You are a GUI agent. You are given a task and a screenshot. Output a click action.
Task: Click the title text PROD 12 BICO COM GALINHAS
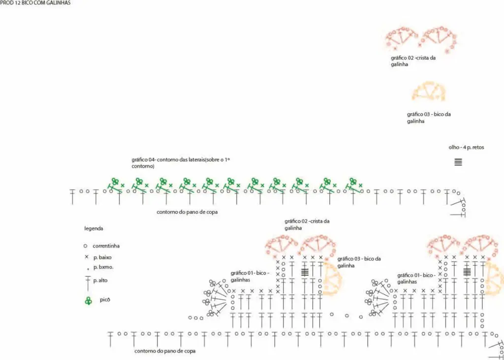pos(35,3)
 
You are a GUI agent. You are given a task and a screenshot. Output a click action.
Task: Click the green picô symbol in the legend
pos(88,301)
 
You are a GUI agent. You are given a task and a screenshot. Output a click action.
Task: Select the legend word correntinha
pos(106,246)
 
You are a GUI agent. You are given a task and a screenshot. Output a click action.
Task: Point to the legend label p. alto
pos(100,281)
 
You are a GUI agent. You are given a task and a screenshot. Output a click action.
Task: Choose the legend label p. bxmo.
pos(103,267)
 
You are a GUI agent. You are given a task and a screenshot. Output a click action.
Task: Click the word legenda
pos(94,229)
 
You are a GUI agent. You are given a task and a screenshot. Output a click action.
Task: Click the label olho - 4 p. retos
pos(467,147)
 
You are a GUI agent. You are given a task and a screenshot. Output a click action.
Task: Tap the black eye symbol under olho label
pos(458,162)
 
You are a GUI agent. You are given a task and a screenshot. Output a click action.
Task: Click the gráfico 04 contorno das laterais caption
pos(181,163)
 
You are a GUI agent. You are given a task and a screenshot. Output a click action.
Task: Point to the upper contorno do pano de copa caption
pos(188,212)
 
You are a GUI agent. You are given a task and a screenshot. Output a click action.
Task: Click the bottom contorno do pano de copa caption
pos(165,351)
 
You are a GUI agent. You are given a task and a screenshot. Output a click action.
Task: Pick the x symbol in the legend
pos(86,257)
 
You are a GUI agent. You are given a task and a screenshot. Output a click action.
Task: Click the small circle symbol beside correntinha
pos(85,246)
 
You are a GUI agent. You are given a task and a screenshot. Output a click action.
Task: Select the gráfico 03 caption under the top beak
pos(429,118)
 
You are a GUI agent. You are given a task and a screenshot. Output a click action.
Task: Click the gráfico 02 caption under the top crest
pos(413,61)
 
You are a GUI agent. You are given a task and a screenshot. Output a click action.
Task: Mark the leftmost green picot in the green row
pos(115,181)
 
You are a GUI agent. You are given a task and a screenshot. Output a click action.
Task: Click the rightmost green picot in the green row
pos(353,181)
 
